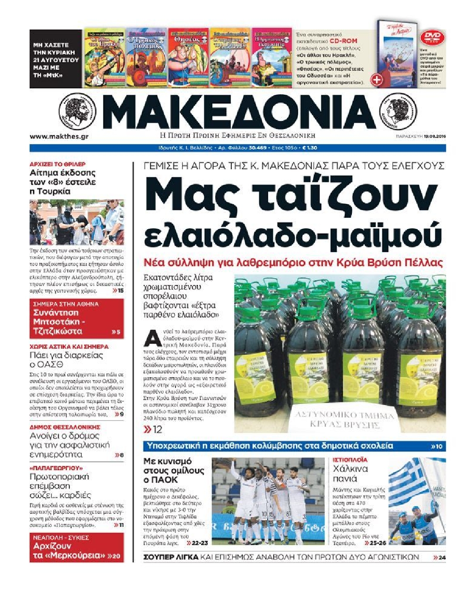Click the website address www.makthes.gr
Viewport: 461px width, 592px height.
tap(59, 136)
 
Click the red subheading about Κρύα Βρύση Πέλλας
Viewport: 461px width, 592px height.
tap(293, 263)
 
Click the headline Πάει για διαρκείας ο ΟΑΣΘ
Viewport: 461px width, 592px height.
tap(66, 360)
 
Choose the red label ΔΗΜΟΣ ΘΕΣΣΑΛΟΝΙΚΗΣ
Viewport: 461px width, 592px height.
tap(65, 427)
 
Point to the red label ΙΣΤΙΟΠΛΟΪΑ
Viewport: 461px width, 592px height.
tap(350, 460)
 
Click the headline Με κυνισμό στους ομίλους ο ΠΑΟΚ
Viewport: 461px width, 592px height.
tap(174, 470)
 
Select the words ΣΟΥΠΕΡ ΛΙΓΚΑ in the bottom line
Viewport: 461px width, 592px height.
tap(171, 557)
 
